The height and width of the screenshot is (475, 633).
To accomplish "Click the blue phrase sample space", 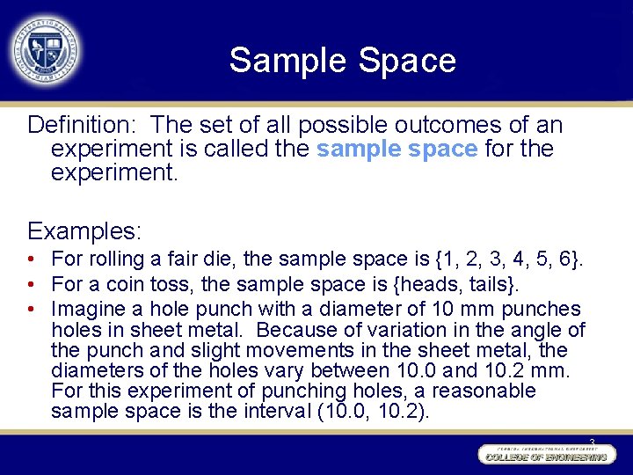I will coord(397,149).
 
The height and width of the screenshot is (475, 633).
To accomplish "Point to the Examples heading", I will coord(84,231).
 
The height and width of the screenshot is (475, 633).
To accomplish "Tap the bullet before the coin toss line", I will coord(31,284).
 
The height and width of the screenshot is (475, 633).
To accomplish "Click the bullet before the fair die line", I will coord(31,259).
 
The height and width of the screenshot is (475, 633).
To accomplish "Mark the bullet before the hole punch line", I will coord(31,309).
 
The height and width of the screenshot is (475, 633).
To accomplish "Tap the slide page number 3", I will coord(592,442).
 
